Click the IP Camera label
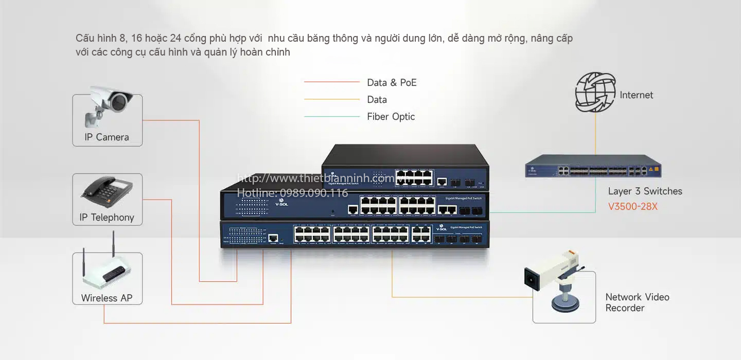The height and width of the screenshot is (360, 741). (x=107, y=137)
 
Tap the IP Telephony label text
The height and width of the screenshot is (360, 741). (x=107, y=218)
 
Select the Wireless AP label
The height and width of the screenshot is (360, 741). (x=107, y=298)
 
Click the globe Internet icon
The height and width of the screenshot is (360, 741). (x=595, y=93)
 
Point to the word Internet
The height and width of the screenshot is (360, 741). (x=636, y=95)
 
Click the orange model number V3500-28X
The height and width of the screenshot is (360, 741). (x=632, y=207)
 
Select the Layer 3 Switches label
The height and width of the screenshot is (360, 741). (x=645, y=191)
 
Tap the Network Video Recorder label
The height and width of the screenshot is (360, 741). (x=637, y=302)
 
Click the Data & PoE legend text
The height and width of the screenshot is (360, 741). (x=392, y=83)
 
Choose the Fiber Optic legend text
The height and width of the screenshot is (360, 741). (x=391, y=117)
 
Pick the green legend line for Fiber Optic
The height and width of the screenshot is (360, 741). (x=331, y=117)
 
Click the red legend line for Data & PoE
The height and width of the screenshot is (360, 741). (x=331, y=82)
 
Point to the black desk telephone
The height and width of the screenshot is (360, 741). (x=107, y=190)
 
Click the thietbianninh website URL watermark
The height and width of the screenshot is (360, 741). (x=315, y=178)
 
